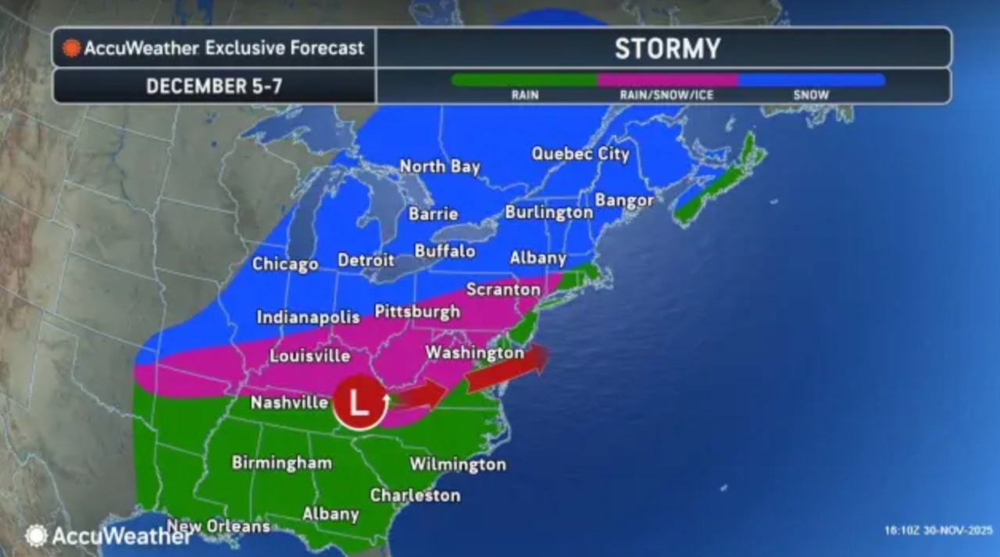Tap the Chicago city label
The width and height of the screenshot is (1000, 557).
284,264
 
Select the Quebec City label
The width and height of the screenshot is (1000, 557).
580,154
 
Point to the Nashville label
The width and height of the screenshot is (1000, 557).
289,403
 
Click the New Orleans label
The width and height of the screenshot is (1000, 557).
218,527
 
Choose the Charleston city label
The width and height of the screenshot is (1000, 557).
415,495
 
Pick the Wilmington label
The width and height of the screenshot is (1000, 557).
458,464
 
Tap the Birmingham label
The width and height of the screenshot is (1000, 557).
281,462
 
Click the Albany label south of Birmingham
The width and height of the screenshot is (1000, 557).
330,514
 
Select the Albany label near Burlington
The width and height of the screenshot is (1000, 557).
537,258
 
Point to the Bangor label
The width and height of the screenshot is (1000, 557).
624,200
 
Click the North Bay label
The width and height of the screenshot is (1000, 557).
440,166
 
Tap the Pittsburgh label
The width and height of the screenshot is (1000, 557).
417,312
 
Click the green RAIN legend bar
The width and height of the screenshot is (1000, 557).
524,80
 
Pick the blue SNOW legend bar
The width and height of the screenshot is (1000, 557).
811,80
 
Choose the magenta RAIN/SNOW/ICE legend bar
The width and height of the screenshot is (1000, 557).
666,80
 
